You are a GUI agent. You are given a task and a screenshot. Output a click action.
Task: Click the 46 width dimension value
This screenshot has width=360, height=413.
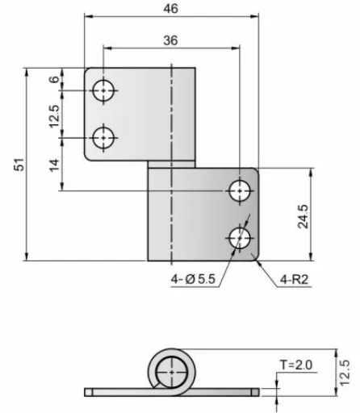(170, 9)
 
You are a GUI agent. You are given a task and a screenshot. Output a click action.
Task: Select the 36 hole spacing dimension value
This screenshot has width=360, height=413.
(170, 40)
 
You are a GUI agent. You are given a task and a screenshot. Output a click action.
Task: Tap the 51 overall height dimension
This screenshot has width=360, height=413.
(19, 165)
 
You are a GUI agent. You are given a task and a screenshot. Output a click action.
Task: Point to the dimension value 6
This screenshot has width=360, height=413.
(54, 79)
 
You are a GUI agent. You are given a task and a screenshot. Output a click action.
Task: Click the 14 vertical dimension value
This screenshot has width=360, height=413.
(54, 165)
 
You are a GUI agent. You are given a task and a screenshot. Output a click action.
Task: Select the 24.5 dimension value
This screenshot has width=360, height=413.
(303, 216)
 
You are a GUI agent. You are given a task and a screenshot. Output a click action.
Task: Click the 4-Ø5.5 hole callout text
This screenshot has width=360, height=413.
(193, 279)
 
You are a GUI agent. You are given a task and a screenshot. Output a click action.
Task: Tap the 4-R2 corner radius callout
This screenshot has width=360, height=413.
(294, 280)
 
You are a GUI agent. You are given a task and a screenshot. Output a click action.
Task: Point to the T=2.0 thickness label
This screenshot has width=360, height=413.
(296, 365)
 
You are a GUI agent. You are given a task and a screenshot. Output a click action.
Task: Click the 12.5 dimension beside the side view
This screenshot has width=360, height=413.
(345, 373)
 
